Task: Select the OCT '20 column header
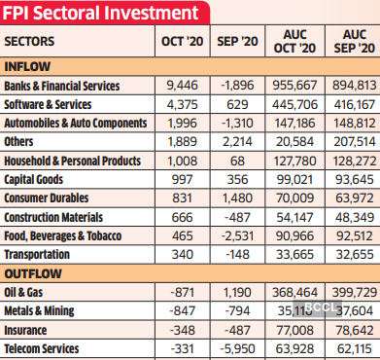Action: pos(180,43)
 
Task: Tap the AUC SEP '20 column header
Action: pos(347,43)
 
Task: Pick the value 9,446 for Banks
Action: pos(182,87)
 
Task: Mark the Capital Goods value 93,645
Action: pos(353,179)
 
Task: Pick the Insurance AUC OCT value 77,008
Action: pos(294,331)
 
